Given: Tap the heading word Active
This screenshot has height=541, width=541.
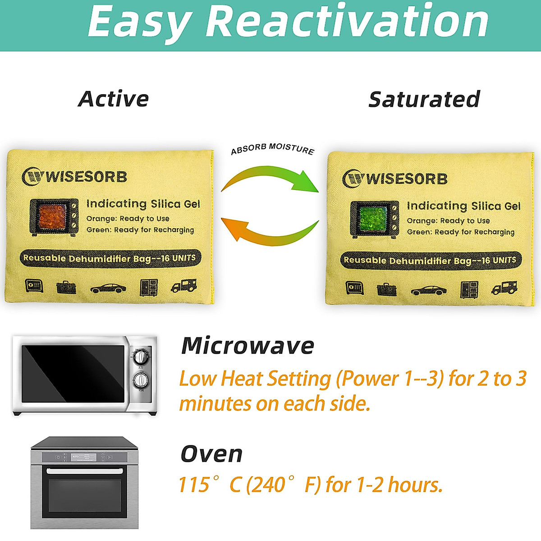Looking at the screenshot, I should point(113,99).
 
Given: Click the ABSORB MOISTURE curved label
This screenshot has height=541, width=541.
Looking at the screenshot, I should point(272,148).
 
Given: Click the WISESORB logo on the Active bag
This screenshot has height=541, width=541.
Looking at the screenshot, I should point(74,176).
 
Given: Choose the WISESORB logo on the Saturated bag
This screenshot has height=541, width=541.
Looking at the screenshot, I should point(395,179).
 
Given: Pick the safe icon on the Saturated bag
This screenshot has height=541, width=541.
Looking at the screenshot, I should point(354,287).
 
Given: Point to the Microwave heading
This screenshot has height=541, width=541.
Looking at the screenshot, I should point(248,346).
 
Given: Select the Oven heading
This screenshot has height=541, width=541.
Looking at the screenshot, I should point(211,454).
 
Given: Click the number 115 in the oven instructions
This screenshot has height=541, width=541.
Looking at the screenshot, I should point(194,485).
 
